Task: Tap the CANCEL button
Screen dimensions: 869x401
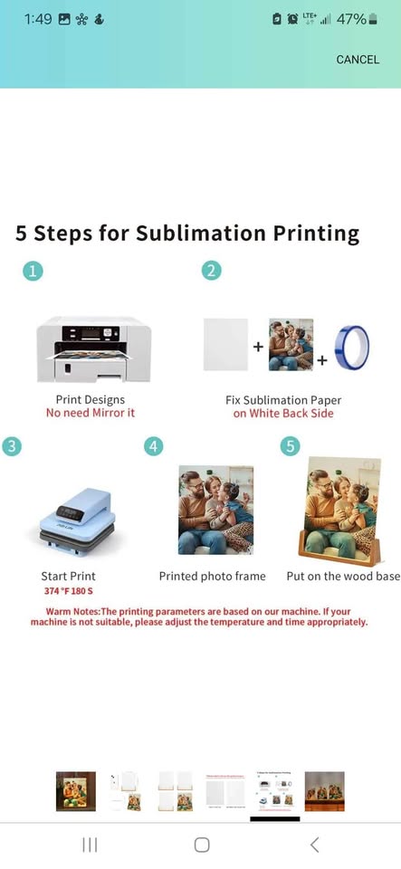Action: (x=358, y=60)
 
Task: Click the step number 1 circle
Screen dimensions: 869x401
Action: (x=33, y=271)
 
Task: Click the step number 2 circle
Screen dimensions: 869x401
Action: (x=211, y=271)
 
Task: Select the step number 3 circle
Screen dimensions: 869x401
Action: (x=12, y=445)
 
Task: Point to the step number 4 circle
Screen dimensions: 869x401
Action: (x=154, y=445)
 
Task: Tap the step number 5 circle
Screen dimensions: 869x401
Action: (x=290, y=445)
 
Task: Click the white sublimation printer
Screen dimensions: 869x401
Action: (x=93, y=349)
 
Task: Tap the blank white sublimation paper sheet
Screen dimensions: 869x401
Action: (x=225, y=345)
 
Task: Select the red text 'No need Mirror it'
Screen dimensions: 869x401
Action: (x=91, y=413)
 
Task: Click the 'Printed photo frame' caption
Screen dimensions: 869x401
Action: (x=213, y=576)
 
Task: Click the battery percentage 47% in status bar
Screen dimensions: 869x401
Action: (x=351, y=19)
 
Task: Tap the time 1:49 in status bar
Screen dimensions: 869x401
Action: (x=37, y=19)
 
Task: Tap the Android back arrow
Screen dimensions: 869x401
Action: (x=314, y=845)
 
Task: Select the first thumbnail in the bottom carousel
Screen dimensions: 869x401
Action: (x=75, y=790)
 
